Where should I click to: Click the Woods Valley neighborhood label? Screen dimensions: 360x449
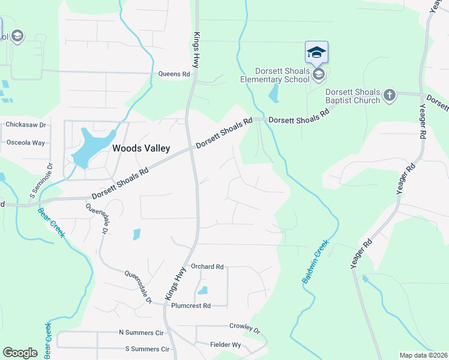click(141, 148)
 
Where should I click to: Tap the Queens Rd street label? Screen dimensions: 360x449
click(174, 74)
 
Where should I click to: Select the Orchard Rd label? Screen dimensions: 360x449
click(207, 266)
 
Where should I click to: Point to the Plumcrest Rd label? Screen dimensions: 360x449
click(191, 305)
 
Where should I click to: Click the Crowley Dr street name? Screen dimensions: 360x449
click(244, 326)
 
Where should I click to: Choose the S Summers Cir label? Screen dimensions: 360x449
click(146, 349)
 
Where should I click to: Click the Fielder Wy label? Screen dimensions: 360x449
click(225, 345)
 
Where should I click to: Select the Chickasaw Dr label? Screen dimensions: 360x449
click(25, 125)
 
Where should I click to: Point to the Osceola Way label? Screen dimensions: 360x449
click(25, 143)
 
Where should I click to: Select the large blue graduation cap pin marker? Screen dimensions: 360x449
click(316, 52)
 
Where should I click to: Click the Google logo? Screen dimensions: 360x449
click(20, 353)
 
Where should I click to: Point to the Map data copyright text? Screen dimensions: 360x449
click(423, 355)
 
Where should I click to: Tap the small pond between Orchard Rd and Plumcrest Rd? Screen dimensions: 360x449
click(203, 291)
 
